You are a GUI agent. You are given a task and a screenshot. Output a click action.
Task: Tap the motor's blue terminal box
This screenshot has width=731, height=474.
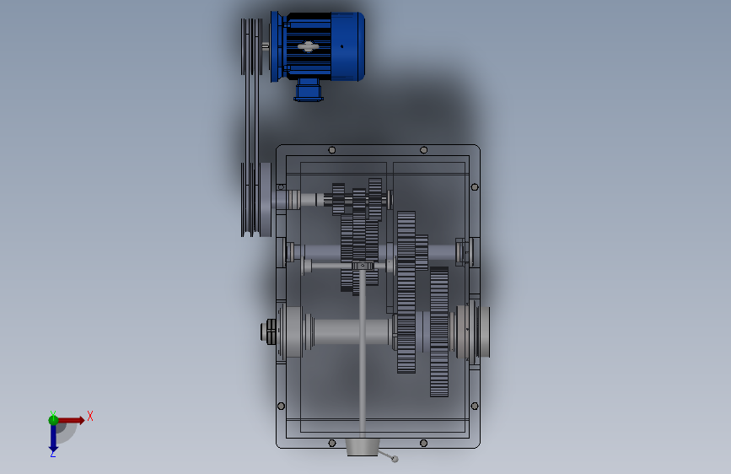(308, 90)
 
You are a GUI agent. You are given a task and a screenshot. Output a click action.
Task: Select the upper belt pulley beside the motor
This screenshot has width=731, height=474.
(251, 46)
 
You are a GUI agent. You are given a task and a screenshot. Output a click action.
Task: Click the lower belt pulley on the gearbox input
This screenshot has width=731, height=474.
(256, 200)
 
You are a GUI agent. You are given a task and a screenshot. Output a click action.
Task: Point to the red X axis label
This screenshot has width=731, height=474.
(90, 416)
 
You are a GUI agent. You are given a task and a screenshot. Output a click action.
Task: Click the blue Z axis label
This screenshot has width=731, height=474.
(52, 454)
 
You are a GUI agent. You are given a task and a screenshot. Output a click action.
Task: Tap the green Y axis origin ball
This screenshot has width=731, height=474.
(53, 420)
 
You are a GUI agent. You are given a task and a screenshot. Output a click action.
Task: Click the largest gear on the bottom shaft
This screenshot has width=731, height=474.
(406, 293)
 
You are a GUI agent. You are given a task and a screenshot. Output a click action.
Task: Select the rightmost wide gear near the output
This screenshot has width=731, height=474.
(438, 331)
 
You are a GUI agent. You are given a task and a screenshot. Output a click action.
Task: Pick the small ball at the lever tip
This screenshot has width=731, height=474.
(395, 459)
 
